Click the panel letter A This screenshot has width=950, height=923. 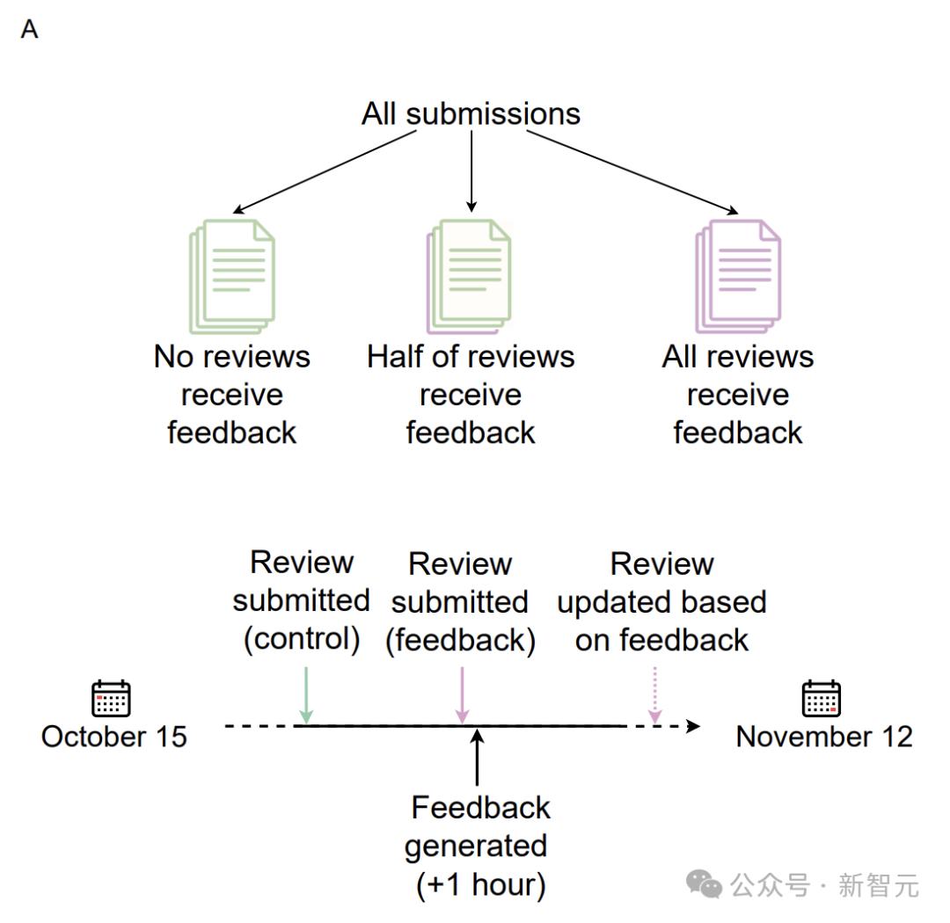(x=29, y=29)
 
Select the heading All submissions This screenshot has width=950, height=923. (x=471, y=114)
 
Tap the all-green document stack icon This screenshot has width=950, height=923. (x=232, y=276)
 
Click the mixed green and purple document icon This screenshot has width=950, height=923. (x=469, y=276)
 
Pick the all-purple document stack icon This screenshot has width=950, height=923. (x=738, y=276)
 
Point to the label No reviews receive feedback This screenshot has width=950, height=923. (x=232, y=395)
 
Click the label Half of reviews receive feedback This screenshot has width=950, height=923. (x=471, y=395)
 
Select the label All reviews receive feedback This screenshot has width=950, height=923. (x=738, y=395)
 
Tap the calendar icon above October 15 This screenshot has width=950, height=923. (x=111, y=698)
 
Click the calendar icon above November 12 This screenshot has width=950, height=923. (x=821, y=698)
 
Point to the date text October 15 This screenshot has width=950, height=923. (x=113, y=737)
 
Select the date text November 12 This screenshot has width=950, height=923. (x=824, y=737)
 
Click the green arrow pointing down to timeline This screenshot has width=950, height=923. (x=306, y=695)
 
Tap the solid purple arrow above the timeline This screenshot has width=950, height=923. (x=463, y=695)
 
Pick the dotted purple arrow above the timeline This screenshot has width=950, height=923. (x=655, y=695)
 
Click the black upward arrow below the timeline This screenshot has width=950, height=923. (x=478, y=757)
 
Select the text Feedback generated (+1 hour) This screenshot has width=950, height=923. (x=479, y=847)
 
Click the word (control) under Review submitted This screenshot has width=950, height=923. (x=302, y=639)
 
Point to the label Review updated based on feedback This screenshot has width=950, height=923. (x=661, y=602)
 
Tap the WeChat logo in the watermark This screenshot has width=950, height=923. (x=704, y=884)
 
